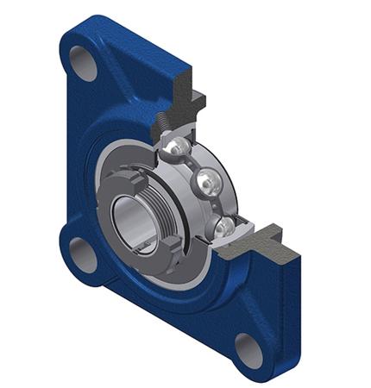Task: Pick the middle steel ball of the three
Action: coord(208,182)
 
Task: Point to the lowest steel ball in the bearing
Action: coord(222,226)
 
